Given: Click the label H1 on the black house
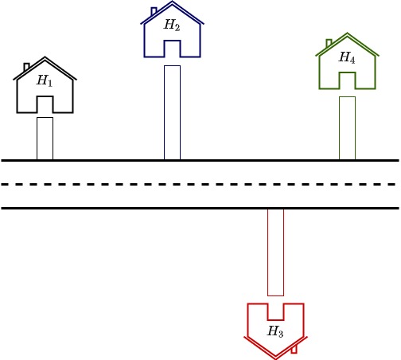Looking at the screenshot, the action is (x=45, y=80).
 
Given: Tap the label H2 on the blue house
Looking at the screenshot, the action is (x=172, y=25).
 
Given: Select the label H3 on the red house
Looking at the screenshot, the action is (x=275, y=331).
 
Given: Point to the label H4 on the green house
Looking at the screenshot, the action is (x=347, y=57).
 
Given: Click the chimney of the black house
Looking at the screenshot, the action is (x=26, y=67).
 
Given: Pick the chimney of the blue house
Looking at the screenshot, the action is (x=154, y=11).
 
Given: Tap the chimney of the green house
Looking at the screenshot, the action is (x=329, y=43).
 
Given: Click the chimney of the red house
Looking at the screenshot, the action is (x=294, y=349).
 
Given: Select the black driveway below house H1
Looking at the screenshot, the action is (x=45, y=139).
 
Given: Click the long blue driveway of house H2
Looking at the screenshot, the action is (x=173, y=112).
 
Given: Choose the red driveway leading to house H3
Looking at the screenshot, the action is (x=276, y=252).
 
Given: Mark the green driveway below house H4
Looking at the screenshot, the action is (x=348, y=128).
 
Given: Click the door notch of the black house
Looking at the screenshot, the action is (x=45, y=96).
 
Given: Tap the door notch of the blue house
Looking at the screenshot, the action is (x=173, y=41).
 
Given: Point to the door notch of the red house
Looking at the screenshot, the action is (x=276, y=319).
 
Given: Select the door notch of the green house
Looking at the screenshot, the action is (x=348, y=72).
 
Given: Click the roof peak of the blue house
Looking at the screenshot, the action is (x=172, y=2).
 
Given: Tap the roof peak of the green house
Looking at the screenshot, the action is (x=347, y=33).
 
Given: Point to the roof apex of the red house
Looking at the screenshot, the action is (x=275, y=358).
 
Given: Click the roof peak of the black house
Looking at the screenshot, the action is (x=45, y=57).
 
